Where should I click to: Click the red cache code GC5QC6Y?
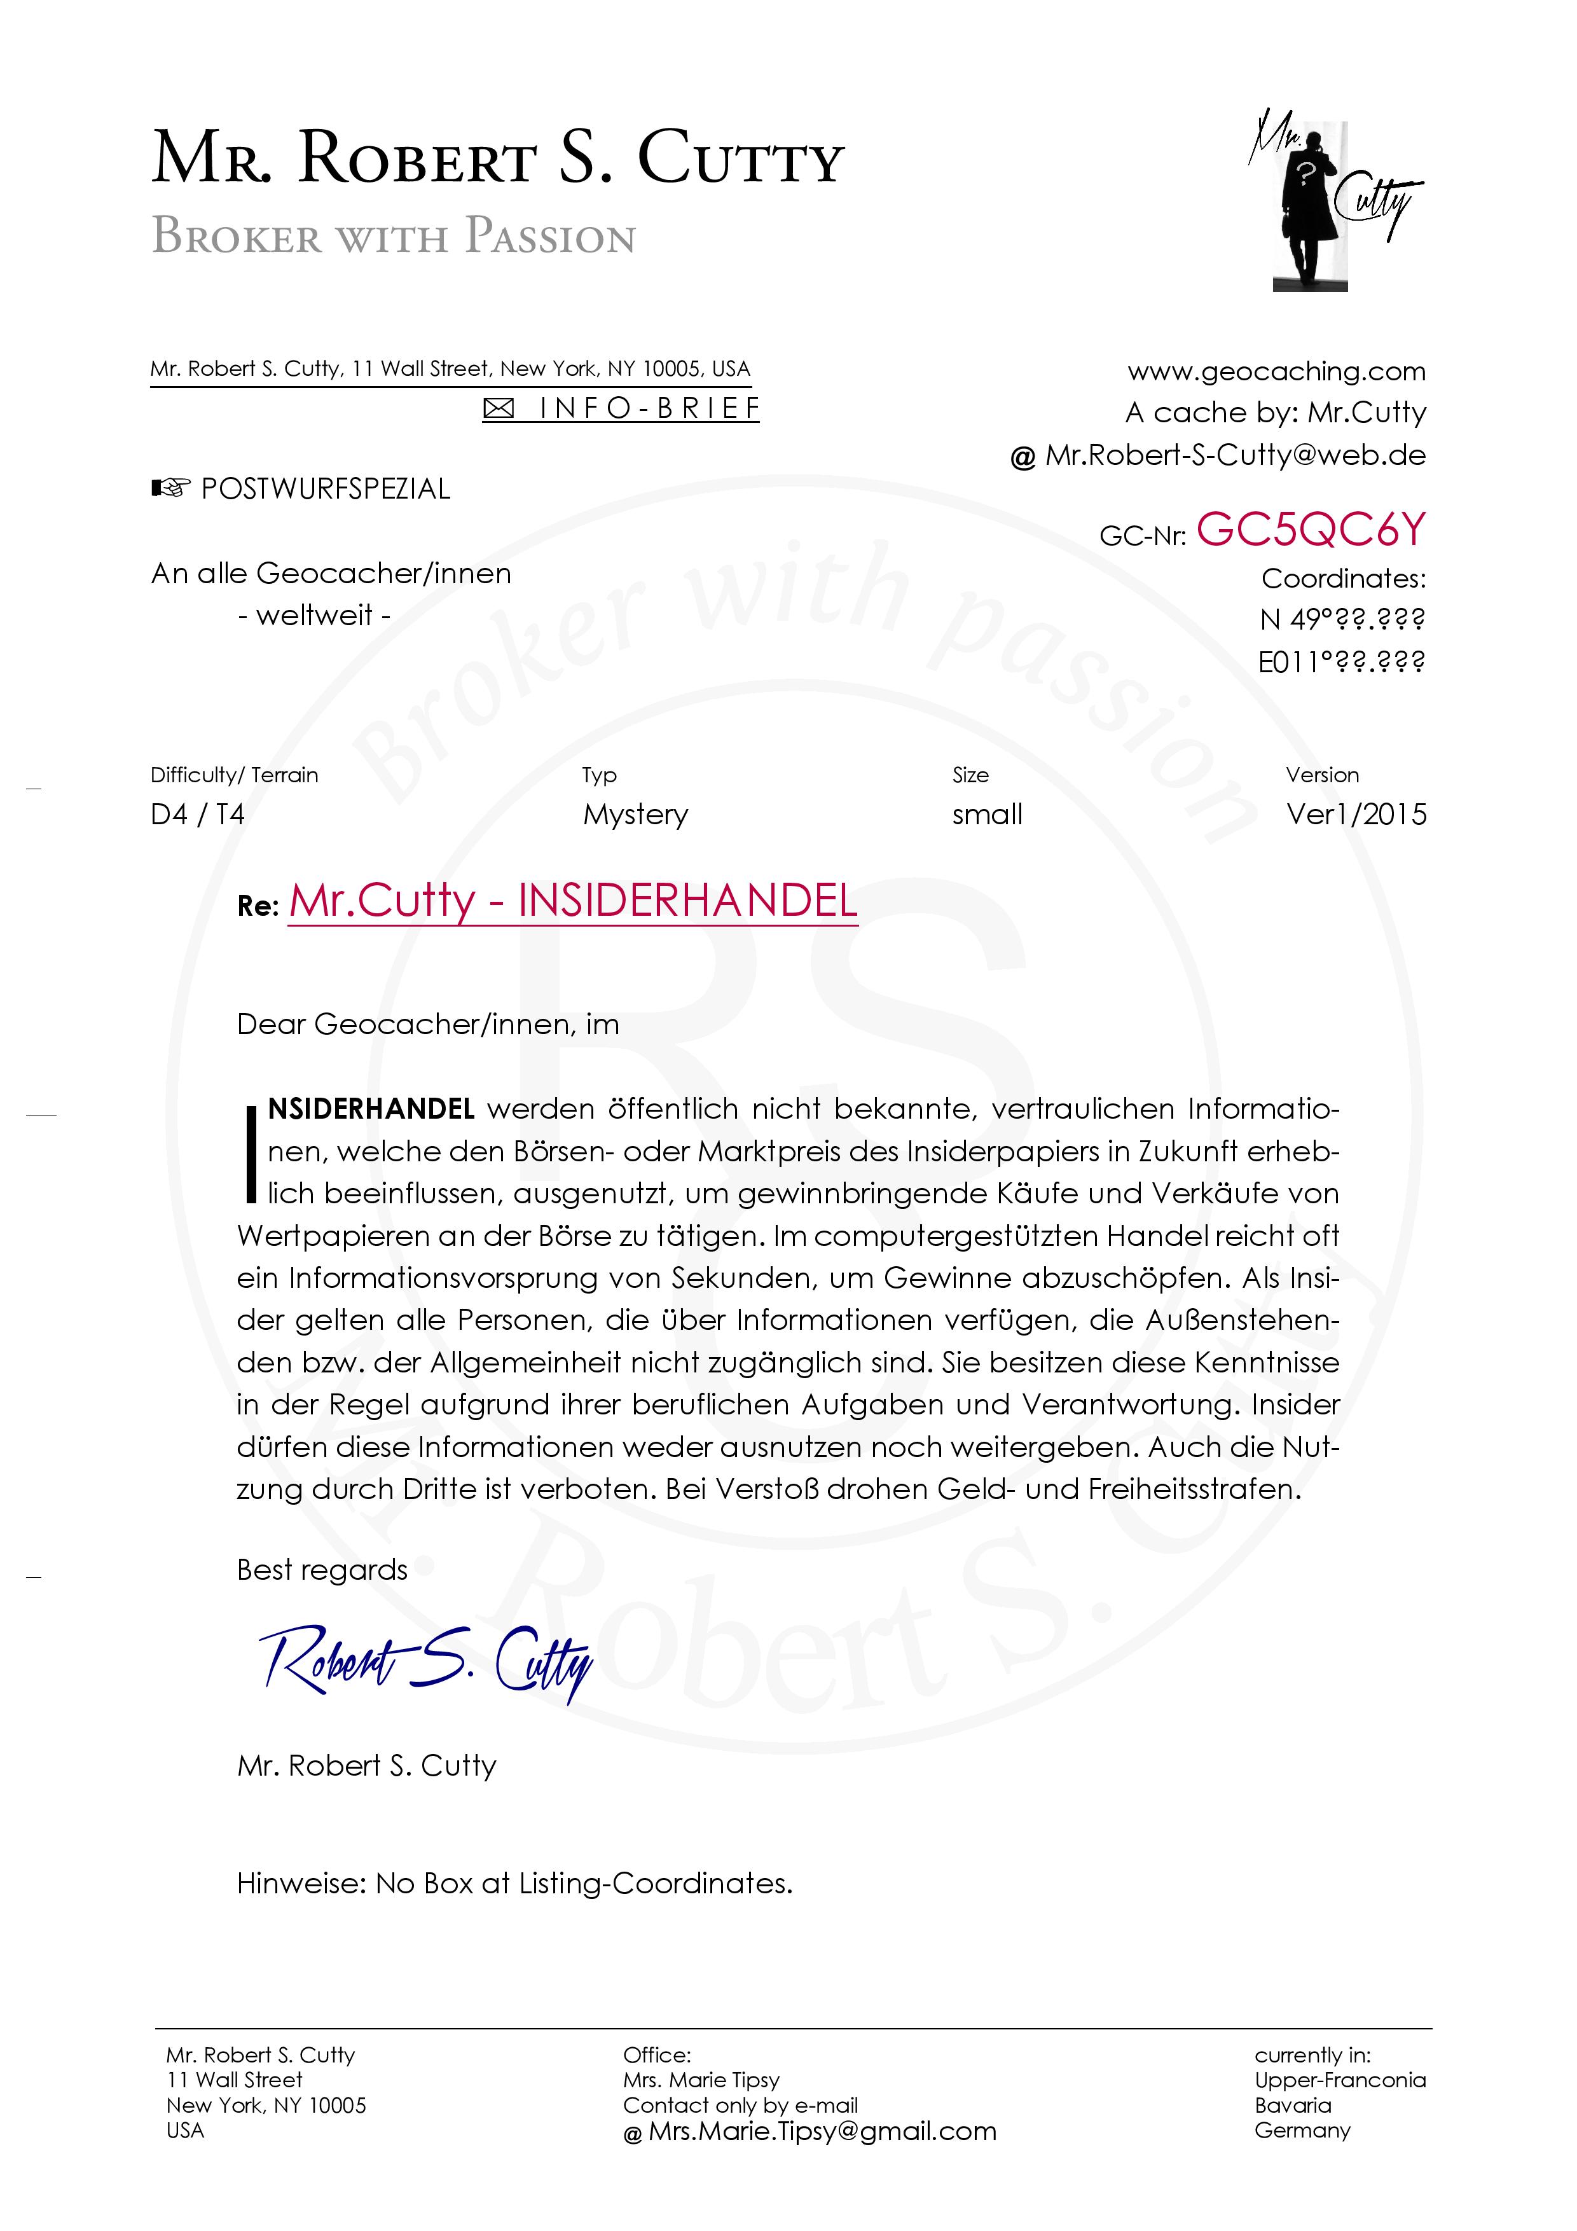tap(1311, 530)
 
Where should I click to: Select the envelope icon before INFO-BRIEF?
tap(499, 409)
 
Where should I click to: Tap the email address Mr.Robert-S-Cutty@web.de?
tap(1235, 455)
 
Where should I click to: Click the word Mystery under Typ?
tap(635, 814)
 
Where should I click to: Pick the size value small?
tap(987, 814)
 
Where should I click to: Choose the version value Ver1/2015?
tap(1356, 814)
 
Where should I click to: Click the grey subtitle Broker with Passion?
tap(394, 236)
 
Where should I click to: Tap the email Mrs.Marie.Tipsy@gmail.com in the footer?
tap(822, 2131)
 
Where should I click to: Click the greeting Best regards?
tap(322, 1570)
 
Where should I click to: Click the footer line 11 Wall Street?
tap(234, 2080)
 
